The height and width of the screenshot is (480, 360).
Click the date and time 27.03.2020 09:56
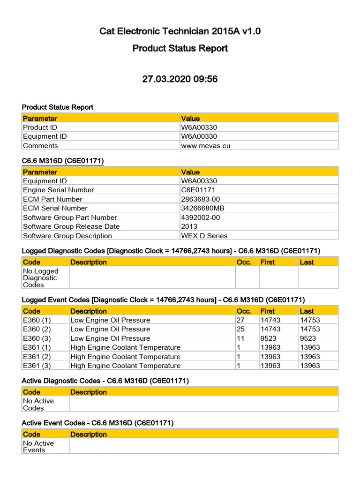180,79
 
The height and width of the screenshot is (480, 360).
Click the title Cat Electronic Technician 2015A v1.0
180,31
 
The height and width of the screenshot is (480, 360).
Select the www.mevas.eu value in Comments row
206,145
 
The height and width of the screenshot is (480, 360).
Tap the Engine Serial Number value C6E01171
199,190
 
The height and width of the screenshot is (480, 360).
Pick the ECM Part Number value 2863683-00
200,199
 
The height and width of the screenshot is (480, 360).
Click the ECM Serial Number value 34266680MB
202,208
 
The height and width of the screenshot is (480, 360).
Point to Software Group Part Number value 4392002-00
200,217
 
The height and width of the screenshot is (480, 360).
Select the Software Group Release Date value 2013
189,226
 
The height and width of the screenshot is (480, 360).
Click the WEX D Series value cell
204,236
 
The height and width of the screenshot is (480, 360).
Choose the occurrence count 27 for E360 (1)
241,320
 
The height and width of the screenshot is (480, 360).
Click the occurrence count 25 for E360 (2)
241,329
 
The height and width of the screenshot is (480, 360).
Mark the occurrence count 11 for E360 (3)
240,338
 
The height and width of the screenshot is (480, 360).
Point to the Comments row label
41,145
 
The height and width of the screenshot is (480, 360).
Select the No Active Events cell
38,446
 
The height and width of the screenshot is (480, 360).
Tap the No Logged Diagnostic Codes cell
41,278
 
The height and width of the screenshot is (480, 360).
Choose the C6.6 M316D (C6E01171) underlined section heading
63,161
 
